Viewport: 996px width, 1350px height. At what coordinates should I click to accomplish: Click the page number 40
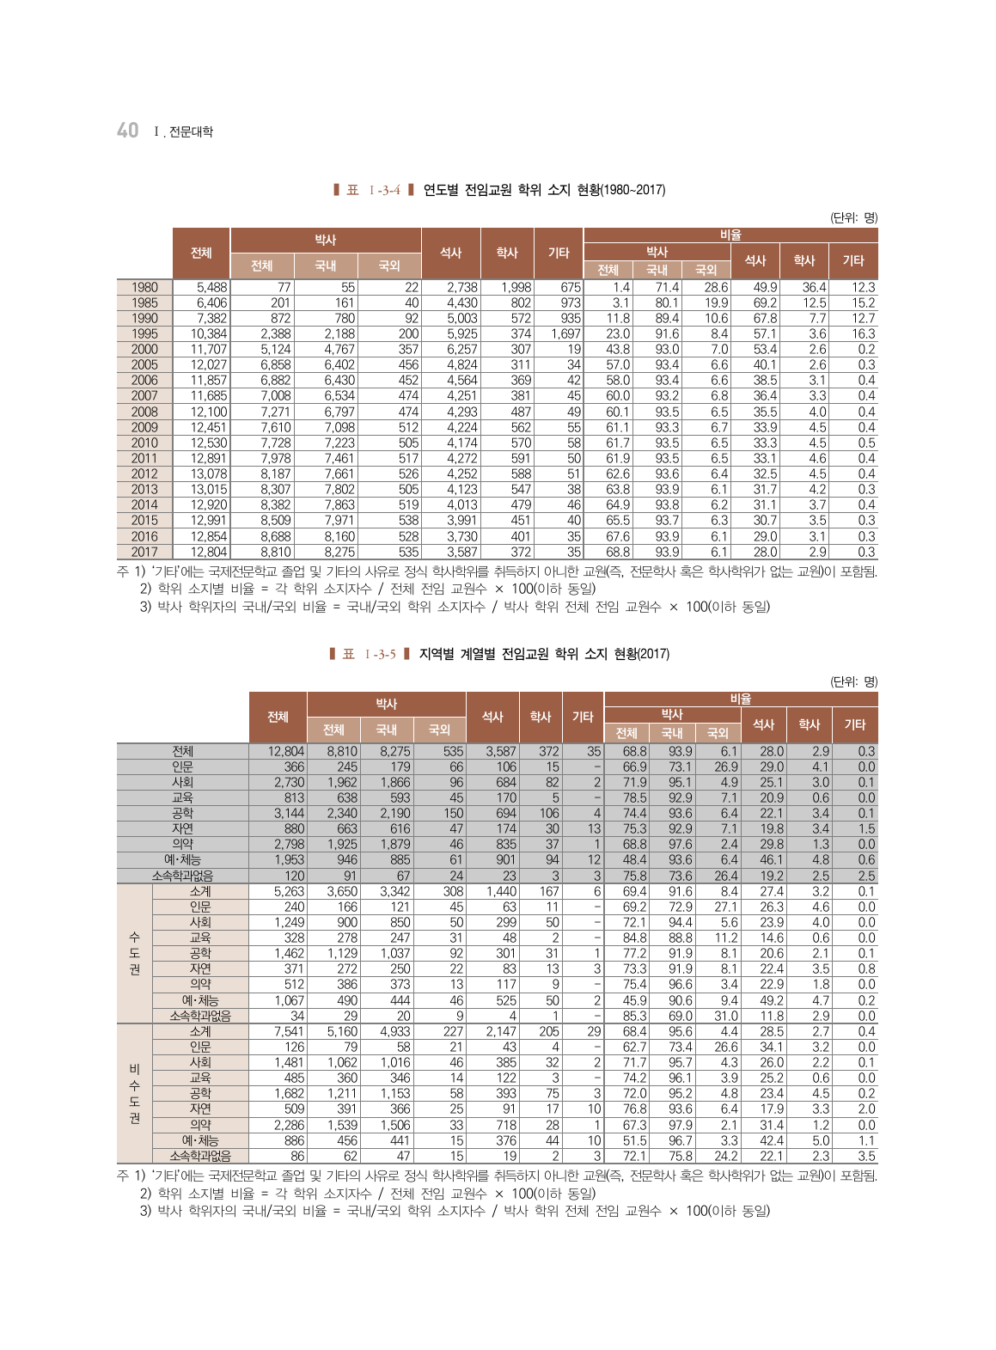(x=127, y=130)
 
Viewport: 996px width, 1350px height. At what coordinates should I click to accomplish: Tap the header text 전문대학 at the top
(x=191, y=131)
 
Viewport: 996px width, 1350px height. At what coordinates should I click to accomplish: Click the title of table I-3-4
(x=544, y=190)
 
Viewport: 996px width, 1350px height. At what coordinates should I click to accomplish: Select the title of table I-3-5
(x=544, y=654)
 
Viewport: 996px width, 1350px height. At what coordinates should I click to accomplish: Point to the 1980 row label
(x=144, y=288)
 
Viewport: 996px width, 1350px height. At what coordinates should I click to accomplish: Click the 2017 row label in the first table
(x=144, y=553)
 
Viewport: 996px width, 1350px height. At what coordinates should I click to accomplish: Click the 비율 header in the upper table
(x=730, y=235)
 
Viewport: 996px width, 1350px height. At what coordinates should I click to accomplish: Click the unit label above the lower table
(x=853, y=682)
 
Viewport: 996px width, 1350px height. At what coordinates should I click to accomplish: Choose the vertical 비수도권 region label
(x=134, y=1093)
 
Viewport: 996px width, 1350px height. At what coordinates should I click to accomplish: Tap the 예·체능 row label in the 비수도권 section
(x=200, y=1141)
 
